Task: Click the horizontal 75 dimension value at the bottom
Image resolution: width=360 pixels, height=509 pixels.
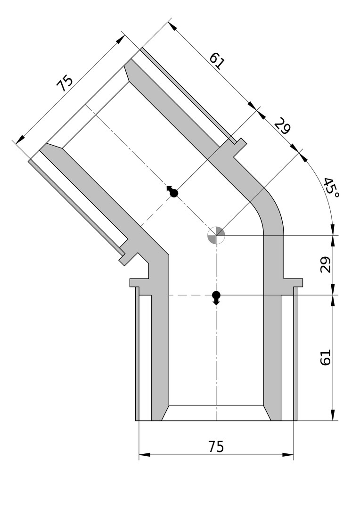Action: [216, 447]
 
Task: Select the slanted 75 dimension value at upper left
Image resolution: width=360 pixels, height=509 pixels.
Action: [65, 83]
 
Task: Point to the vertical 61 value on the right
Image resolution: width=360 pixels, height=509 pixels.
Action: [325, 357]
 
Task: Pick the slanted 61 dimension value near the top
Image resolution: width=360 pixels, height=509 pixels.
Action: [217, 61]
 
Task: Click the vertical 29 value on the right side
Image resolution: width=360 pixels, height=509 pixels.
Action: [325, 264]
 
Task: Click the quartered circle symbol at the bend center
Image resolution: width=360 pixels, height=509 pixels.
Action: [216, 235]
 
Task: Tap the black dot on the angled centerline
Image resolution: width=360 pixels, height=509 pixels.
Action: [174, 194]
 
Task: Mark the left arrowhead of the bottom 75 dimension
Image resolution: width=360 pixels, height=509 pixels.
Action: [145, 455]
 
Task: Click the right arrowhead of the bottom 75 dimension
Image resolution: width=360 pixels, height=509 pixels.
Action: [288, 455]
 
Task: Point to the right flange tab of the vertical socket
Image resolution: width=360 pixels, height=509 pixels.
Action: [293, 282]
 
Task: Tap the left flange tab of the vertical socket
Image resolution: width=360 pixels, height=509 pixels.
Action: [139, 282]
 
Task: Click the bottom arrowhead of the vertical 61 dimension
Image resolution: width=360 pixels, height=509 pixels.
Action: [333, 415]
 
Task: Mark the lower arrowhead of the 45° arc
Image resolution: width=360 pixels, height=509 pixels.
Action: [332, 229]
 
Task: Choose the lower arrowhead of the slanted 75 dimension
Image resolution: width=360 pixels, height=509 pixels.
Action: [20, 139]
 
